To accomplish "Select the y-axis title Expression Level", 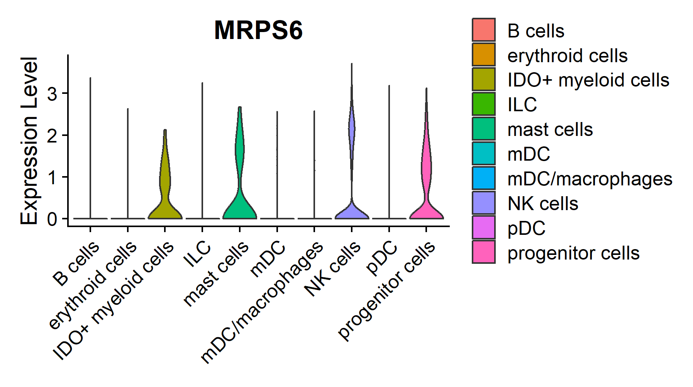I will click(x=29, y=141).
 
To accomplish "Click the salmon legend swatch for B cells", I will click(x=483, y=30).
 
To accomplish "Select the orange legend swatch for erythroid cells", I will click(x=483, y=54).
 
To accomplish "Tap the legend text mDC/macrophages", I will click(x=590, y=179).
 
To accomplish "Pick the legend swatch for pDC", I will click(x=483, y=227).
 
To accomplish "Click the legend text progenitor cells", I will click(x=573, y=253).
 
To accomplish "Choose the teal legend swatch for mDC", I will click(x=483, y=153).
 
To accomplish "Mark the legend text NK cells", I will click(x=542, y=204).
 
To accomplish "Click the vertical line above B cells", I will click(x=90, y=147).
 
